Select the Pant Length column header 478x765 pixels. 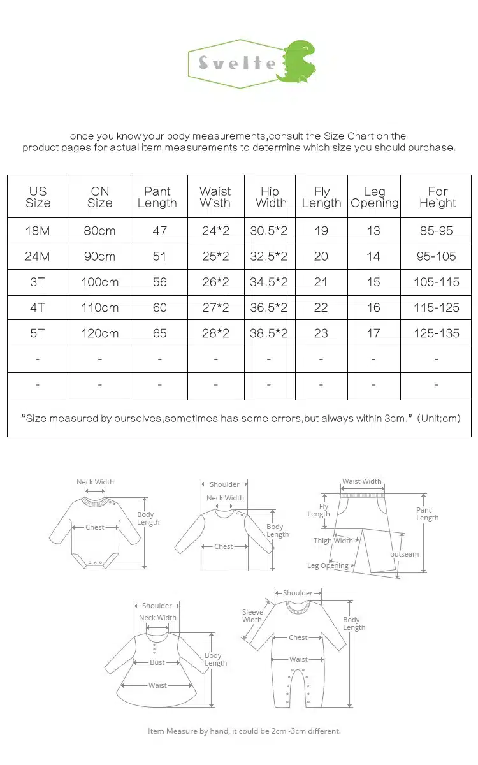pyautogui.click(x=157, y=197)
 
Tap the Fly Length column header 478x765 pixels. pyautogui.click(x=322, y=197)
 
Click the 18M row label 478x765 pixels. pyautogui.click(x=38, y=231)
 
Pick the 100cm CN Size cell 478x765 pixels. pyautogui.click(x=99, y=282)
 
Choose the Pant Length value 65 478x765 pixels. pyautogui.click(x=159, y=333)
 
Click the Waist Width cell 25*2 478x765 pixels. pyautogui.click(x=215, y=256)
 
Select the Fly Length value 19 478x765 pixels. pyautogui.click(x=321, y=231)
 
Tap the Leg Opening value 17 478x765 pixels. pyautogui.click(x=373, y=333)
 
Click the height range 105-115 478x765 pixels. pyautogui.click(x=437, y=282)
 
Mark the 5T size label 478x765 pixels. pyautogui.click(x=38, y=333)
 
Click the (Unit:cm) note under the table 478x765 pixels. pyautogui.click(x=439, y=418)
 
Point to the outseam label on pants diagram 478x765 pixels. pyautogui.click(x=405, y=554)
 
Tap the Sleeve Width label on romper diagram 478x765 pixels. pyautogui.click(x=252, y=616)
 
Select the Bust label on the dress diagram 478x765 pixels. pyautogui.click(x=157, y=662)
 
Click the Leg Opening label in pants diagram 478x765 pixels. pyautogui.click(x=328, y=565)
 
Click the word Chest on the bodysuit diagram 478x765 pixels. pyautogui.click(x=95, y=527)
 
